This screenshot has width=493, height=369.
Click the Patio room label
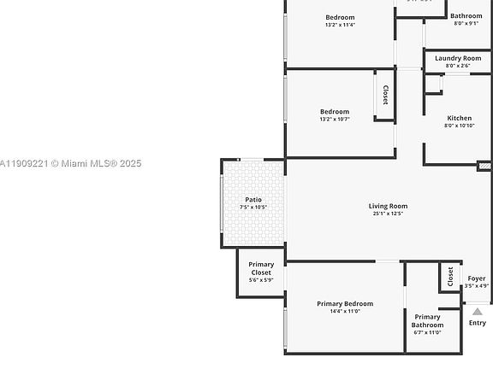(x=253, y=200)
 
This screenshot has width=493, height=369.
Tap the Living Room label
(x=388, y=206)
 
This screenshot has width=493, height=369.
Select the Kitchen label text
(x=459, y=118)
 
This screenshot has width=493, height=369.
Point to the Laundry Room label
(x=458, y=58)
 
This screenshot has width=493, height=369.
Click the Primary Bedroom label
(x=345, y=304)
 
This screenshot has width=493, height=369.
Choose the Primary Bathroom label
(x=427, y=321)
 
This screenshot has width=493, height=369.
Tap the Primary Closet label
(x=261, y=268)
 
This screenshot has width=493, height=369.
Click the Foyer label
(x=477, y=278)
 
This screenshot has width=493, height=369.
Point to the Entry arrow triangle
(x=478, y=311)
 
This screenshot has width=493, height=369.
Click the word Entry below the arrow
(x=478, y=323)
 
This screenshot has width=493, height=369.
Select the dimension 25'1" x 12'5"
(x=388, y=214)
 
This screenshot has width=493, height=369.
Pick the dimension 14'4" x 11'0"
(x=345, y=312)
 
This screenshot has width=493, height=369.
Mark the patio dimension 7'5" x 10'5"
(x=253, y=208)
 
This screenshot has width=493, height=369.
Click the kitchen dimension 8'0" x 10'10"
(x=459, y=126)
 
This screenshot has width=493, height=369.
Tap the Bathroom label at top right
(x=466, y=15)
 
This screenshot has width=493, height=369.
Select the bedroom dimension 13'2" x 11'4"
(x=340, y=25)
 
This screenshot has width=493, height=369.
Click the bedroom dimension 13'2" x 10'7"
(x=335, y=119)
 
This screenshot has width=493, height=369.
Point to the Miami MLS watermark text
(x=71, y=163)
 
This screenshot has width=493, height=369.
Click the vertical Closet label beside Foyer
(x=450, y=276)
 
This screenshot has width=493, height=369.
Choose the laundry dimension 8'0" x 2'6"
(x=458, y=66)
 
